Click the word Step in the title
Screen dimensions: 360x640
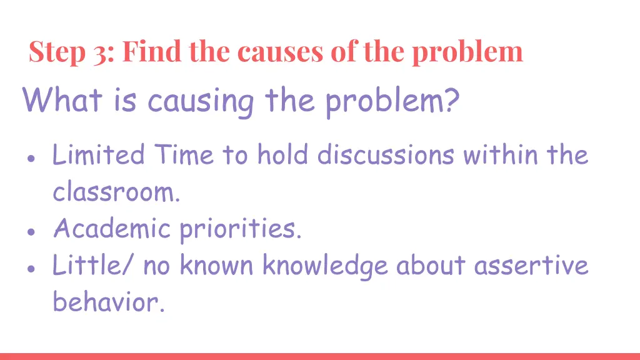58,52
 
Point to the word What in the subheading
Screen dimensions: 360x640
62,99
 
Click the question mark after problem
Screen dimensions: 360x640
450,99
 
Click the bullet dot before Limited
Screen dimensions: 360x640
31,158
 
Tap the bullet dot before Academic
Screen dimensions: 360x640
31,231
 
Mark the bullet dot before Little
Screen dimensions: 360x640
31,267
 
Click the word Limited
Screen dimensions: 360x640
98,154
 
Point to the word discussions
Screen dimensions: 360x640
385,154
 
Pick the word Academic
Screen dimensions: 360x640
111,228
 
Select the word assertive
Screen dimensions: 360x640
531,265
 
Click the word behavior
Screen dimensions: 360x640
109,302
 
